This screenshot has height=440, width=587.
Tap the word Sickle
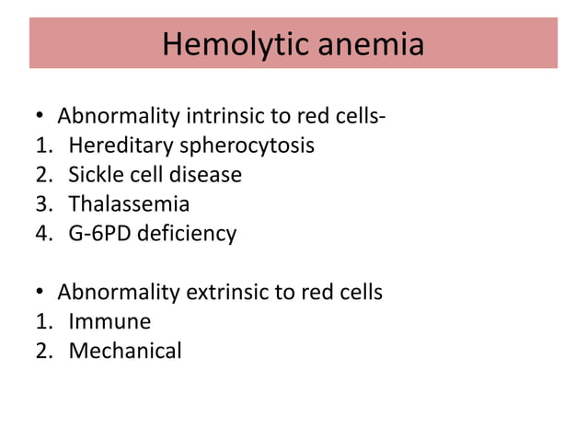[x=94, y=175]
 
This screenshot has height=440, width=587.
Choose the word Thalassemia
[x=129, y=204]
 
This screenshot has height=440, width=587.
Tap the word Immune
[x=109, y=322]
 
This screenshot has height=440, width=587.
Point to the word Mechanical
[x=125, y=351]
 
